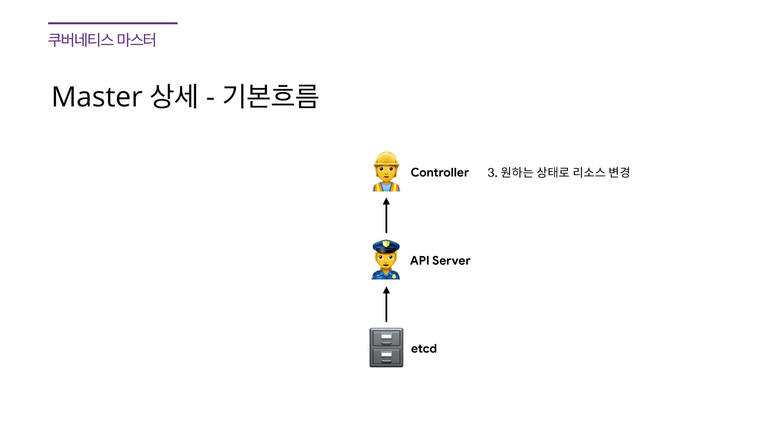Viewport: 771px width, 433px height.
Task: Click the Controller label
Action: [439, 172]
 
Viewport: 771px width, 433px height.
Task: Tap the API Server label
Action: [440, 261]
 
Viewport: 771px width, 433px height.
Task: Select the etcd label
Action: [424, 349]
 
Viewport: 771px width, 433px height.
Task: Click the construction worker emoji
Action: [386, 172]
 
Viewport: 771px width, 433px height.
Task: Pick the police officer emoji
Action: [386, 260]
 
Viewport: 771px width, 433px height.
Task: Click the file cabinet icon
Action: [386, 347]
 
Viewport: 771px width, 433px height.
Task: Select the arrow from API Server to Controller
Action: [386, 215]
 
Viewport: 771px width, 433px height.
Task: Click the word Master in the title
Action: [97, 97]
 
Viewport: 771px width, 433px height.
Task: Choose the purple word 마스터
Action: [136, 40]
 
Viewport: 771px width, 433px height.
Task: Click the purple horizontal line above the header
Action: [113, 23]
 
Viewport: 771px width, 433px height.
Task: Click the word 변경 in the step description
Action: [619, 172]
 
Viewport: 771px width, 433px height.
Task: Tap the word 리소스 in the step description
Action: [589, 172]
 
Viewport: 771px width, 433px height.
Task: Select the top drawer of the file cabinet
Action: [386, 338]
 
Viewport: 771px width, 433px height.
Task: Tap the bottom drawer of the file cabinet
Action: [386, 356]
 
